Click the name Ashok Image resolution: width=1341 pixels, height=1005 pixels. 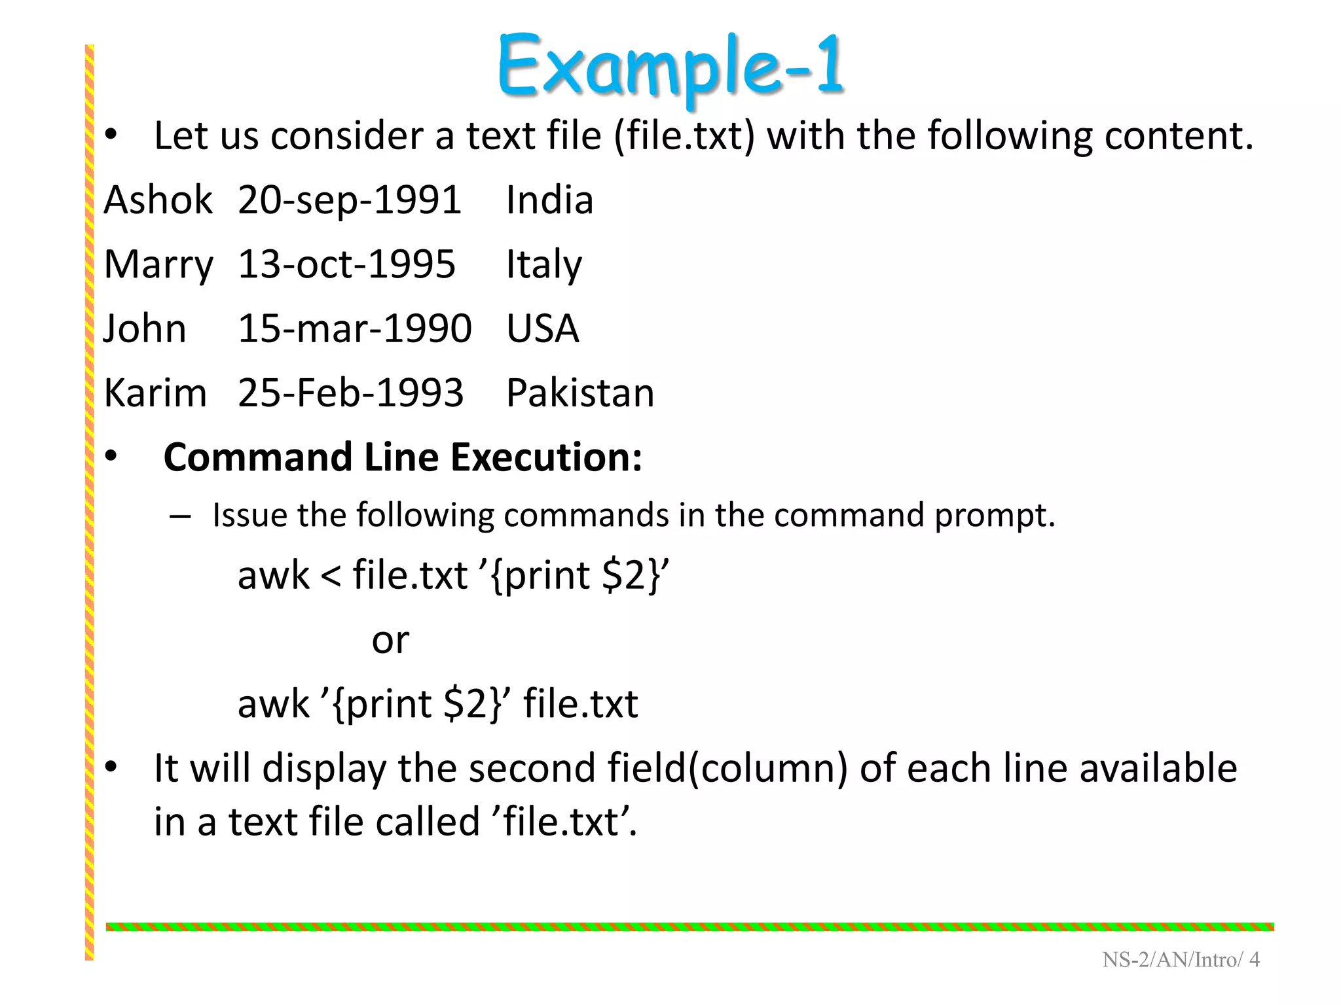click(158, 200)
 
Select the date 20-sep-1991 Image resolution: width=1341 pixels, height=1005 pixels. click(350, 200)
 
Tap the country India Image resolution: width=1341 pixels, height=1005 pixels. click(549, 200)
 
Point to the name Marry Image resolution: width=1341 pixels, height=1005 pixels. click(158, 265)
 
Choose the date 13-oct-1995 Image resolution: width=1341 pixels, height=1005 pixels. click(346, 264)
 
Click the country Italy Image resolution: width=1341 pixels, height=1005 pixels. click(543, 265)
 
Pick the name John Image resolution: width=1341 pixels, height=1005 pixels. click(145, 328)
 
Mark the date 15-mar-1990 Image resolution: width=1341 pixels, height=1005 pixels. click(354, 328)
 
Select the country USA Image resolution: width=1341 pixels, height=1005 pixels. click(542, 328)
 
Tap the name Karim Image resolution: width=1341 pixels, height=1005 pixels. click(155, 393)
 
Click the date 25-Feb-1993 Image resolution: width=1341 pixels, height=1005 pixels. click(350, 393)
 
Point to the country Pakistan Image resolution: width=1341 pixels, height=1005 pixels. click(580, 393)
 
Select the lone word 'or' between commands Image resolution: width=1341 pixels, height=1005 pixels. click(390, 640)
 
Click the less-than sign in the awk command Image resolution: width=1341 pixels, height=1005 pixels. click(331, 576)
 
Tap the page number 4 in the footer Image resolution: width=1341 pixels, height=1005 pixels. click(1254, 960)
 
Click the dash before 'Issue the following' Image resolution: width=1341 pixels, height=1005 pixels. click(179, 517)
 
